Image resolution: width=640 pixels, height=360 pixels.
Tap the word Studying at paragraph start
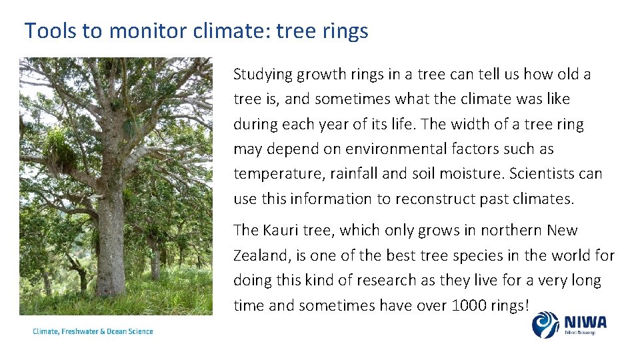coord(263,75)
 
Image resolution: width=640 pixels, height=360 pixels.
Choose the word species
coord(479,256)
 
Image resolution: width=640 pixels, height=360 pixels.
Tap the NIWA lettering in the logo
coord(585,322)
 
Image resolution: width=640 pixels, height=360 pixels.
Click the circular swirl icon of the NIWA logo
coord(545,325)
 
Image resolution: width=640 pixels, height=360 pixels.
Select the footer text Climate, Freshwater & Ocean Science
coord(93,331)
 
